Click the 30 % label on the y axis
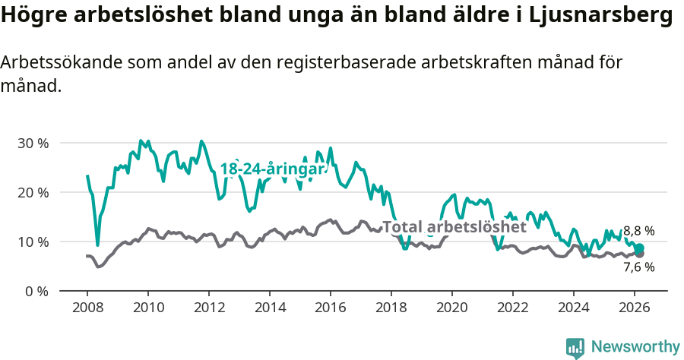[33, 143]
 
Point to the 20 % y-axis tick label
[33, 192]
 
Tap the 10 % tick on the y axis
[33, 242]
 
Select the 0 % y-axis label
[36, 291]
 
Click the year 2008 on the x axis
[87, 307]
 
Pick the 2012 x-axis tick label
[209, 307]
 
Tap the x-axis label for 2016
[331, 307]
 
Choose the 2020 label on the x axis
[452, 307]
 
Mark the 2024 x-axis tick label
[574, 307]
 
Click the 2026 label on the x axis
[635, 307]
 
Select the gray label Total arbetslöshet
[454, 226]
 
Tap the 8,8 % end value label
[638, 231]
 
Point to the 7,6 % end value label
[638, 267]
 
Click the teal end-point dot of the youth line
[640, 248]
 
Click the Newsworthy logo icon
[575, 348]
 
